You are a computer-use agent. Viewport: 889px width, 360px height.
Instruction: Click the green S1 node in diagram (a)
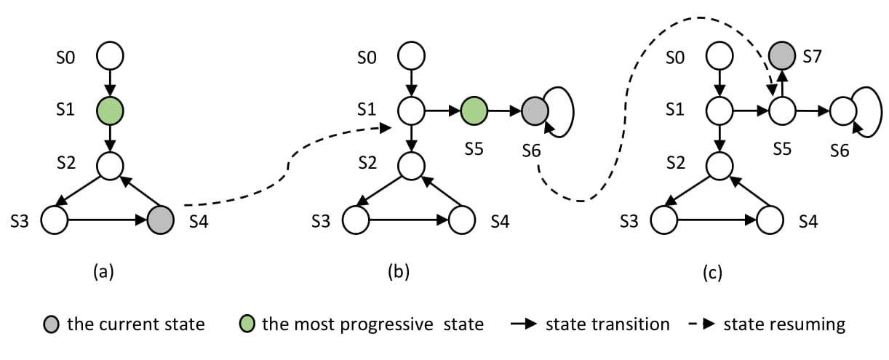(x=110, y=111)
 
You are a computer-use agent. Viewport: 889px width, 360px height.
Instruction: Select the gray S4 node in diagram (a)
(x=160, y=220)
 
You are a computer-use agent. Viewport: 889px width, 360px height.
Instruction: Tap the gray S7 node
(x=782, y=56)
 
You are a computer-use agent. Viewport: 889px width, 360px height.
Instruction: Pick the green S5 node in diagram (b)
(x=474, y=111)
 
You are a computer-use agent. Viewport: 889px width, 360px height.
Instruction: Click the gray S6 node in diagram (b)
(x=535, y=111)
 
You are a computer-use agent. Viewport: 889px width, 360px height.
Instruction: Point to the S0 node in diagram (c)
(x=719, y=56)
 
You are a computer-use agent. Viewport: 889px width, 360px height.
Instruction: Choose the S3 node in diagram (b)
(x=356, y=220)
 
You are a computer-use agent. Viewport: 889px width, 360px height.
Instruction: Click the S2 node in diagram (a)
(x=110, y=166)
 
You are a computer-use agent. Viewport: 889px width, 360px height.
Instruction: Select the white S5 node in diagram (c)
(x=782, y=111)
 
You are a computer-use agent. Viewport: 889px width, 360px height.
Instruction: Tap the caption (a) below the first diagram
(x=103, y=272)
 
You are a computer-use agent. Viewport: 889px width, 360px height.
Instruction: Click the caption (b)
(x=399, y=272)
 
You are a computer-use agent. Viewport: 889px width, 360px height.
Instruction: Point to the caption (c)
(x=713, y=273)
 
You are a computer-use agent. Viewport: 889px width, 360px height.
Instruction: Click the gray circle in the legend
(x=51, y=324)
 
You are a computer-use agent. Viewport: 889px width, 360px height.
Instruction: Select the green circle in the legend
(x=247, y=324)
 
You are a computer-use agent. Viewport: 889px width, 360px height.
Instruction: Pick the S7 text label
(x=812, y=57)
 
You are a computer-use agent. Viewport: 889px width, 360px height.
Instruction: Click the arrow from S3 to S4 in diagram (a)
(x=108, y=220)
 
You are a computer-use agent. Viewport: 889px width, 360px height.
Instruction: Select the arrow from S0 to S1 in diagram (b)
(x=411, y=84)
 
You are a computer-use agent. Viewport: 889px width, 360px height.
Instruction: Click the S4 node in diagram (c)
(x=770, y=220)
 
